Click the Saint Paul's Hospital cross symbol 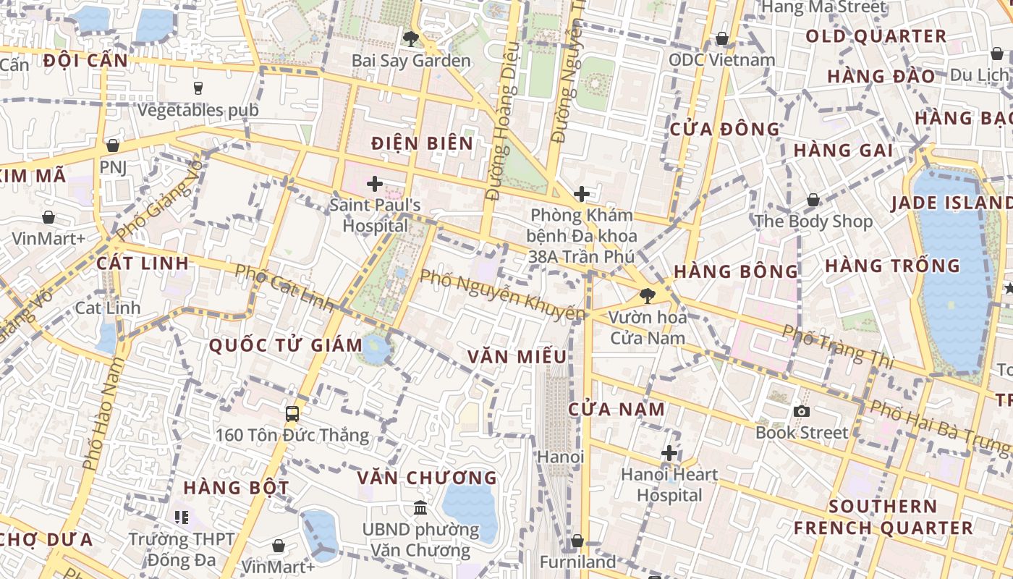pyautogui.click(x=374, y=184)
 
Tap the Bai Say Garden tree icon pyautogui.click(x=411, y=39)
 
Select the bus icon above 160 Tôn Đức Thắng pyautogui.click(x=292, y=414)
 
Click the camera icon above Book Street pyautogui.click(x=801, y=412)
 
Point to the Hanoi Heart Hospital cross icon pyautogui.click(x=669, y=454)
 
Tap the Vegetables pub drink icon pyautogui.click(x=198, y=88)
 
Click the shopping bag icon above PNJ pyautogui.click(x=112, y=145)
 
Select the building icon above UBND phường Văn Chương pyautogui.click(x=420, y=508)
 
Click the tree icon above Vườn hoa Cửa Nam pyautogui.click(x=648, y=295)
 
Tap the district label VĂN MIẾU pyautogui.click(x=517, y=357)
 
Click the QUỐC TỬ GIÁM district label pyautogui.click(x=286, y=345)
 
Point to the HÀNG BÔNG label pyautogui.click(x=736, y=271)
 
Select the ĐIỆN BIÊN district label pyautogui.click(x=423, y=143)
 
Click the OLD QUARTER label pyautogui.click(x=876, y=36)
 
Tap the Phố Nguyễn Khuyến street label pyautogui.click(x=502, y=295)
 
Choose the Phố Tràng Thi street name pyautogui.click(x=839, y=345)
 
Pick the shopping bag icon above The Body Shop pyautogui.click(x=813, y=200)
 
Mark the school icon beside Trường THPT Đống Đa pyautogui.click(x=181, y=517)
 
